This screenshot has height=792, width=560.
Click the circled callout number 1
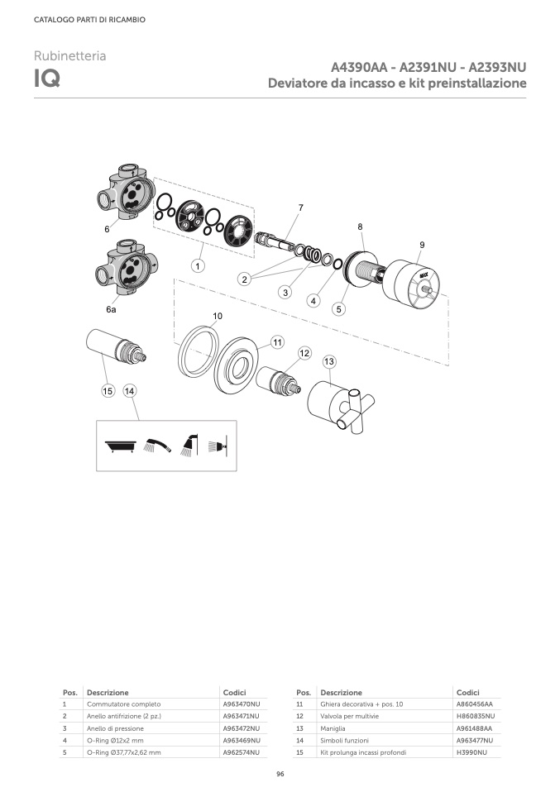[x=198, y=265]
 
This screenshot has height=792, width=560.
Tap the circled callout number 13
[x=329, y=361]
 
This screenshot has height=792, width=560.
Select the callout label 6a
[x=111, y=309]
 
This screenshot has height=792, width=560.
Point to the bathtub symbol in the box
[x=120, y=446]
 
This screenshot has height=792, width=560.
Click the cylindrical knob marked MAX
[x=411, y=284]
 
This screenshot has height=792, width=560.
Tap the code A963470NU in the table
[x=241, y=704]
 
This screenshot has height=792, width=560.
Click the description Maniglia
[x=333, y=728]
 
